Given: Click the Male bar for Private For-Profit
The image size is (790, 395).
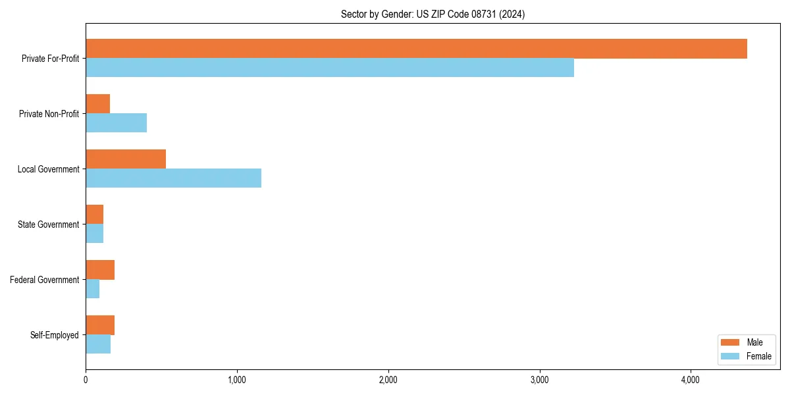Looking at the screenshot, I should [416, 49].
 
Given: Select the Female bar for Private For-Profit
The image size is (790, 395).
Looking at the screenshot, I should [330, 68].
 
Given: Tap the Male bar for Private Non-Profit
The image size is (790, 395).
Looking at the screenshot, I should [97, 104].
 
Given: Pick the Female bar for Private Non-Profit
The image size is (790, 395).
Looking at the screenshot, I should [116, 123].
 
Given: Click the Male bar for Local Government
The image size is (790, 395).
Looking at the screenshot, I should [126, 159].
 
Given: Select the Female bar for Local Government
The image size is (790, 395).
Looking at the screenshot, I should [173, 178].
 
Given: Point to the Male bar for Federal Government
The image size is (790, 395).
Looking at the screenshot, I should [100, 270].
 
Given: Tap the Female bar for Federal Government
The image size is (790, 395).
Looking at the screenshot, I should [92, 289].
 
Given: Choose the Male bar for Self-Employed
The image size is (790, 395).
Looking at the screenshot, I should [100, 325].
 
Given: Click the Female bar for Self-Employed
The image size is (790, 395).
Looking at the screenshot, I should [98, 344].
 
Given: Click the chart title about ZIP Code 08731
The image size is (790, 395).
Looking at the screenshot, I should [433, 14].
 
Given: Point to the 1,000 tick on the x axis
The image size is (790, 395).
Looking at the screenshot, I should [237, 380].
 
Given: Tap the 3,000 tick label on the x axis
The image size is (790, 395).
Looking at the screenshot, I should [539, 380].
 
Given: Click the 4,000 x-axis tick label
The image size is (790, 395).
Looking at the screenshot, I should [691, 380].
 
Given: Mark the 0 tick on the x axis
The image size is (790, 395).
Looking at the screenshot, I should [86, 380].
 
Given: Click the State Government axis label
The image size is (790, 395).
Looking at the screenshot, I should [48, 224].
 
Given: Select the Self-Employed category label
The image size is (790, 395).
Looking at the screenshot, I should [54, 335].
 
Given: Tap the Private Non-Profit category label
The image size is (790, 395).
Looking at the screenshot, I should [49, 114].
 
